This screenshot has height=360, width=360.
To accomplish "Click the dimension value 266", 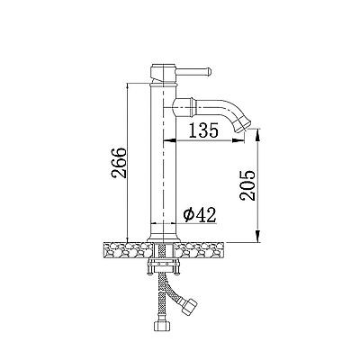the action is tap(119, 163).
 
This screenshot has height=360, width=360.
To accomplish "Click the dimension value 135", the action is tap(203, 130).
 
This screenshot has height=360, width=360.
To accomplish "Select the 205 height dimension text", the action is tap(247, 185).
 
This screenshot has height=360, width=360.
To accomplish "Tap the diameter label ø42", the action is tap(200, 215).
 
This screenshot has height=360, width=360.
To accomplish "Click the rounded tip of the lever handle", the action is tap(210, 71).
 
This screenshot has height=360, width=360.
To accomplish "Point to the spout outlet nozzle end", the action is tap(243, 125).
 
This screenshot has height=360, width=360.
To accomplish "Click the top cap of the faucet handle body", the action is tap(163, 66).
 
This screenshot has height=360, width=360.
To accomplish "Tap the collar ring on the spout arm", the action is tap(192, 107).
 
